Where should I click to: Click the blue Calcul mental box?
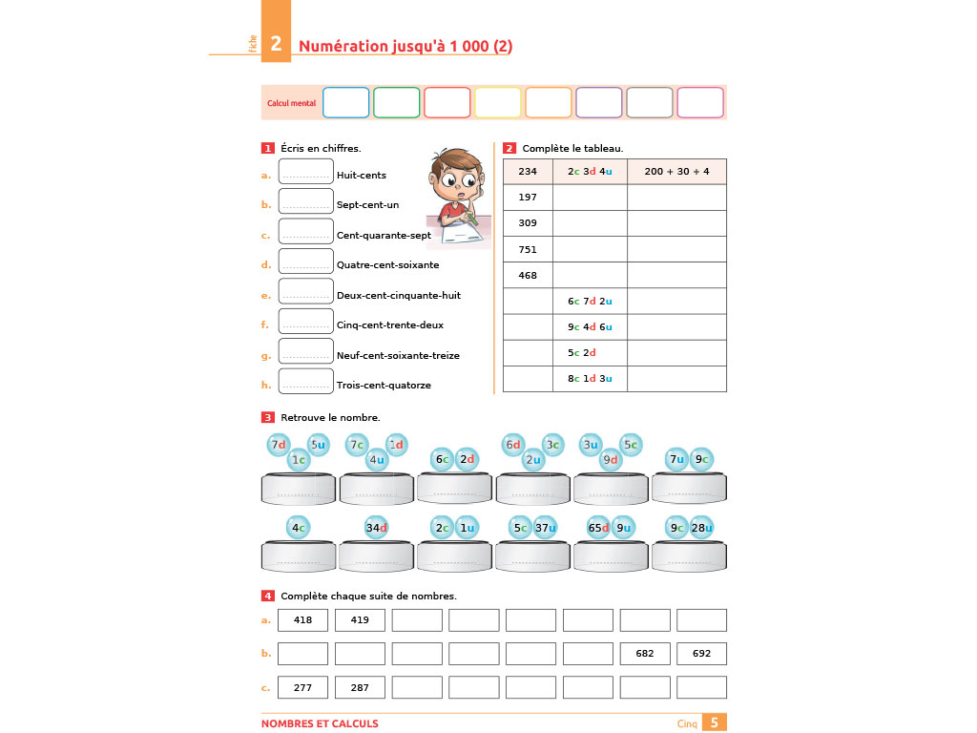(345, 102)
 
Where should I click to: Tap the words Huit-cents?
(362, 175)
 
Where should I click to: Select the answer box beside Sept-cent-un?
(305, 202)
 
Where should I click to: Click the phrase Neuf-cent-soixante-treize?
(398, 355)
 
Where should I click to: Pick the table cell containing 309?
(528, 223)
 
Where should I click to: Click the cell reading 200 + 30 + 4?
(676, 172)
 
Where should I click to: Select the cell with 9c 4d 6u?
(590, 327)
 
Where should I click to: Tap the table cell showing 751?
(528, 249)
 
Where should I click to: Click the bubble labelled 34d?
(377, 528)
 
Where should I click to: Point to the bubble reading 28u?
(702, 528)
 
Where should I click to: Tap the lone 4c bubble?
(299, 528)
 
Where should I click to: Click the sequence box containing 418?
(303, 620)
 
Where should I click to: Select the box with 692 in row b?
(701, 654)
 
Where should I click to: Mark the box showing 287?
(360, 687)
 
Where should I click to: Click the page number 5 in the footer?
(715, 723)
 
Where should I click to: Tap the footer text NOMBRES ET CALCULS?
(320, 723)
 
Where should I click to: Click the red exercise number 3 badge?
(268, 417)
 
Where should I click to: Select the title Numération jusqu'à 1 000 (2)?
(405, 46)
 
